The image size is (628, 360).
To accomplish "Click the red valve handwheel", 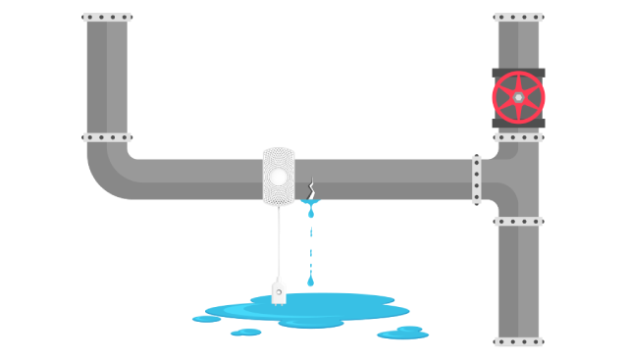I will pos(518,97).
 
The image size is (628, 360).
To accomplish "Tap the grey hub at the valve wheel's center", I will pos(518,97).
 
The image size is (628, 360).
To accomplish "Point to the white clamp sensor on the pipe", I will pos(279,177).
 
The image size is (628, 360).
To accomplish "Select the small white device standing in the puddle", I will pos(279,292).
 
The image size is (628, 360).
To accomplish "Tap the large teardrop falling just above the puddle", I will pos(311,281).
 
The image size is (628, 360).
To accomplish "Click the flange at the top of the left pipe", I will pos(107,18).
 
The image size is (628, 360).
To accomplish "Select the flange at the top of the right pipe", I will pos(518,18).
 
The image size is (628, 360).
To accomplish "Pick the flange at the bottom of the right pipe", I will pos(518,341).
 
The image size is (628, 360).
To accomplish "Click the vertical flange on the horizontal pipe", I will pos(477,180).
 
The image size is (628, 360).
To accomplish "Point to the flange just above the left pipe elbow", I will pos(107,137).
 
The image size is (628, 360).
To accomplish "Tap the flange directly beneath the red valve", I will pos(518,137).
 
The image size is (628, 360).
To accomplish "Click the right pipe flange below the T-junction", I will pos(518,222).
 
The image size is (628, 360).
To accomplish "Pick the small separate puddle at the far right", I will pos(402,334).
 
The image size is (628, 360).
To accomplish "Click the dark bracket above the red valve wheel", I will pos(518,72).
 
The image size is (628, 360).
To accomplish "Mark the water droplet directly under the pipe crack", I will pos(311,212).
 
